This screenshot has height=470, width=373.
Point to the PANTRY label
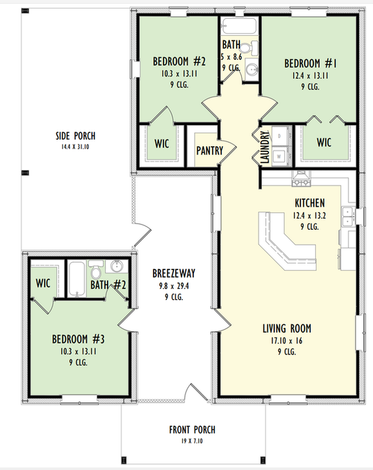[x=210, y=151]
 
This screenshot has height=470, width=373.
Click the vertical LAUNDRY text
[x=265, y=147]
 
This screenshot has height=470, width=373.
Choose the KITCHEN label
[x=309, y=203]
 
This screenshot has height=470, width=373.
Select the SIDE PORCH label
[x=75, y=136]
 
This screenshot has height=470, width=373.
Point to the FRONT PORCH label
[x=192, y=429]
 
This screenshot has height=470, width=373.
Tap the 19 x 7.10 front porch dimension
[x=192, y=441]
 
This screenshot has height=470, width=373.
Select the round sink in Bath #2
[x=117, y=267]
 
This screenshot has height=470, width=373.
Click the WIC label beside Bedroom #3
[x=43, y=283]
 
